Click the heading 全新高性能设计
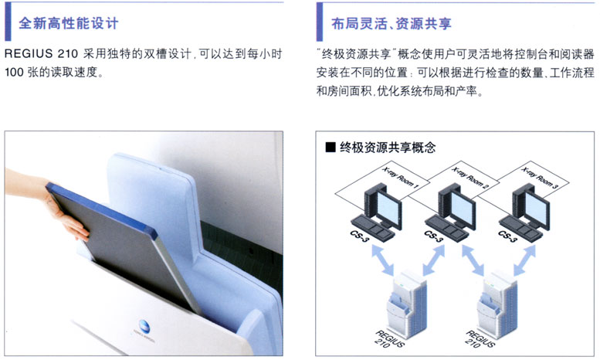(69, 23)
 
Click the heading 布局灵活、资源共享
(392, 23)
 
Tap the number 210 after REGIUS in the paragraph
(68, 54)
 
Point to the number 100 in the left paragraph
(14, 72)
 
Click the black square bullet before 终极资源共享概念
(331, 147)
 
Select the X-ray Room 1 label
(401, 178)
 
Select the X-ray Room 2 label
(470, 178)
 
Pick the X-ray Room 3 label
(540, 178)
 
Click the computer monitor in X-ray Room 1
(388, 208)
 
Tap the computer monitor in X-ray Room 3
(537, 208)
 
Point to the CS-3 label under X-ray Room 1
(359, 236)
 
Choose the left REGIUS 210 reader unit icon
(407, 304)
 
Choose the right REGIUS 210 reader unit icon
(497, 304)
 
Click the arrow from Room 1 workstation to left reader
(383, 260)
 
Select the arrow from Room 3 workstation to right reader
(524, 260)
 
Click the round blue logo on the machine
(144, 324)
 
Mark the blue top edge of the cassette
(102, 209)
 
